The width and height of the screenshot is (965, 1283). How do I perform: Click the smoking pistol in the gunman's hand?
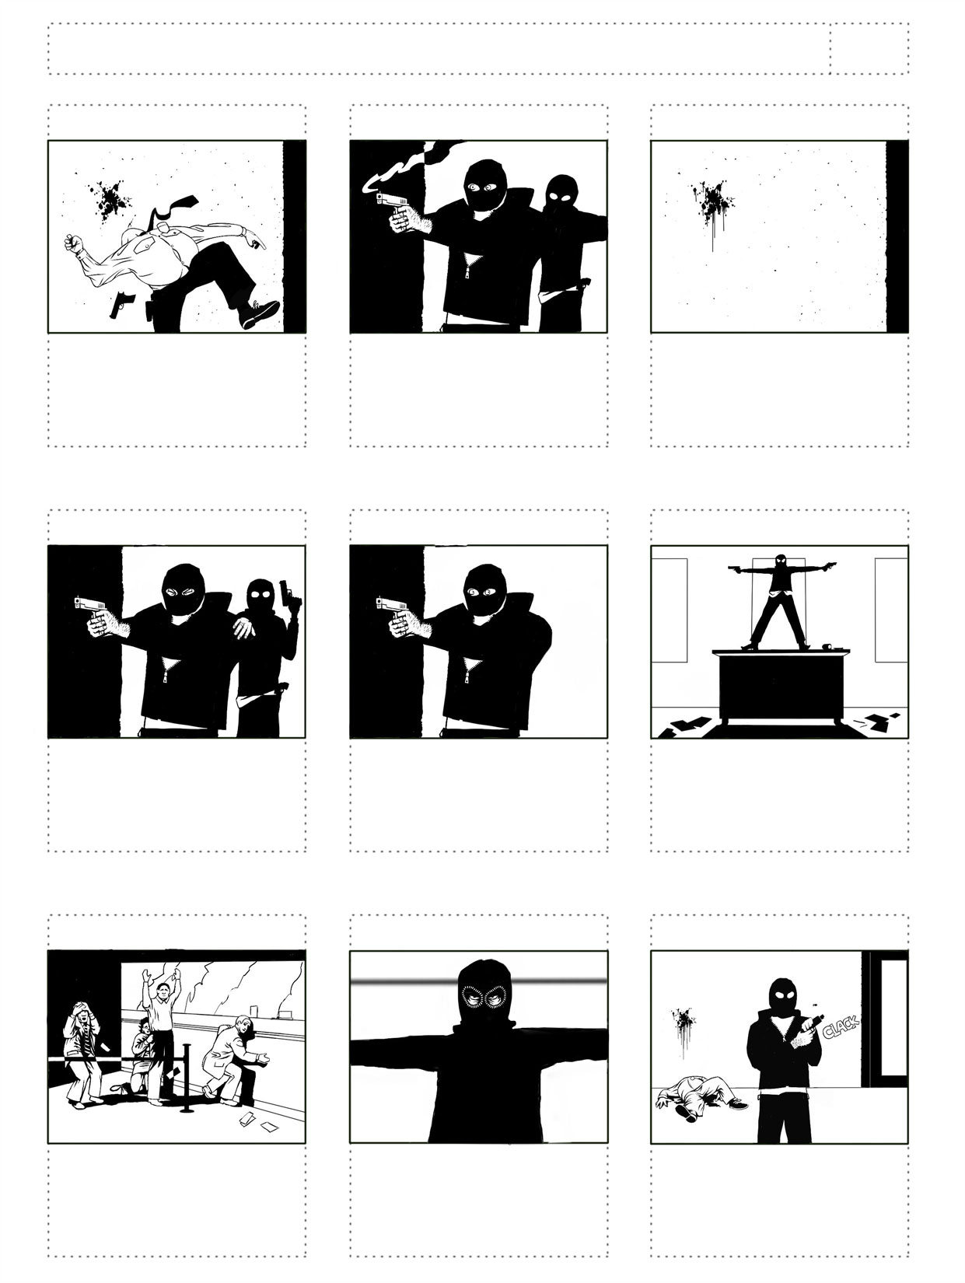coord(393,201)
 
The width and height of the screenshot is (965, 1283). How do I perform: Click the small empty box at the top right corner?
coord(869,48)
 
